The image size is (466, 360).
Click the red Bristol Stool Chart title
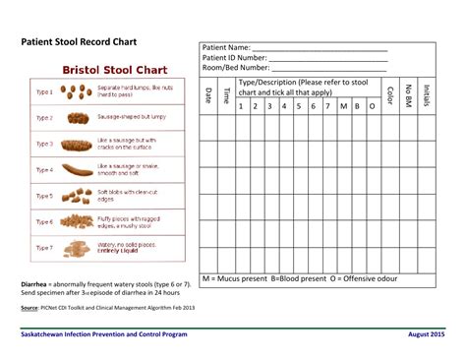[115, 71]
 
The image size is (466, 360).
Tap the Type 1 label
[44, 91]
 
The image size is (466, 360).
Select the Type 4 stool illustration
[75, 169]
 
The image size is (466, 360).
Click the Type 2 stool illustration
[75, 117]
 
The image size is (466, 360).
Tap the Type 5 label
[44, 195]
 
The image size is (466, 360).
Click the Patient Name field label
[227, 48]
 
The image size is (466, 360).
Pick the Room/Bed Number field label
[236, 68]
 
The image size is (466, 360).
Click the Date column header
[208, 94]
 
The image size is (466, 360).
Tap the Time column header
[225, 94]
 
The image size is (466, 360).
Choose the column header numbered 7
[327, 105]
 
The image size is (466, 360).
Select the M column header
[343, 105]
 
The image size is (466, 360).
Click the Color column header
[390, 94]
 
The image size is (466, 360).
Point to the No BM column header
[408, 94]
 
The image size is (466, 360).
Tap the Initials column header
[426, 94]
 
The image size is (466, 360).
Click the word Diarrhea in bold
[36, 283]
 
